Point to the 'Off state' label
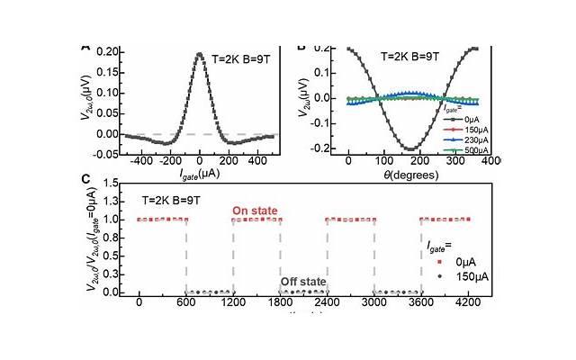click(302, 281)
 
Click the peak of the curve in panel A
click(200, 54)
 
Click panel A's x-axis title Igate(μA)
click(200, 171)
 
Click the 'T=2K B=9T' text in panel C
click(177, 198)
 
